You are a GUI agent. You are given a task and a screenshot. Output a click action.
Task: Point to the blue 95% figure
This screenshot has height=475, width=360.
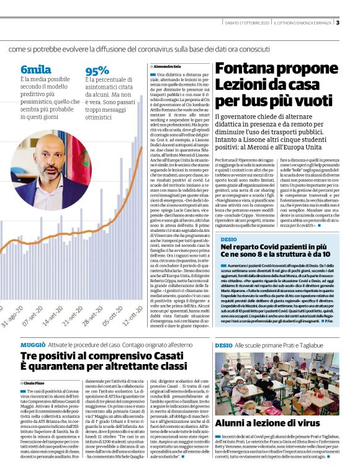click(x=97, y=71)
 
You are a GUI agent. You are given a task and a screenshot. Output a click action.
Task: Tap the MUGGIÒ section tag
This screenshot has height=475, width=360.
click(x=32, y=344)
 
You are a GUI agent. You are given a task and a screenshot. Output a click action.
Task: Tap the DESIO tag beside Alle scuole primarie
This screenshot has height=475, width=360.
click(x=223, y=344)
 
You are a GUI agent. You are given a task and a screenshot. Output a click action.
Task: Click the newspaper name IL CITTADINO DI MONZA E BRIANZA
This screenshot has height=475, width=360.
click(x=303, y=24)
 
